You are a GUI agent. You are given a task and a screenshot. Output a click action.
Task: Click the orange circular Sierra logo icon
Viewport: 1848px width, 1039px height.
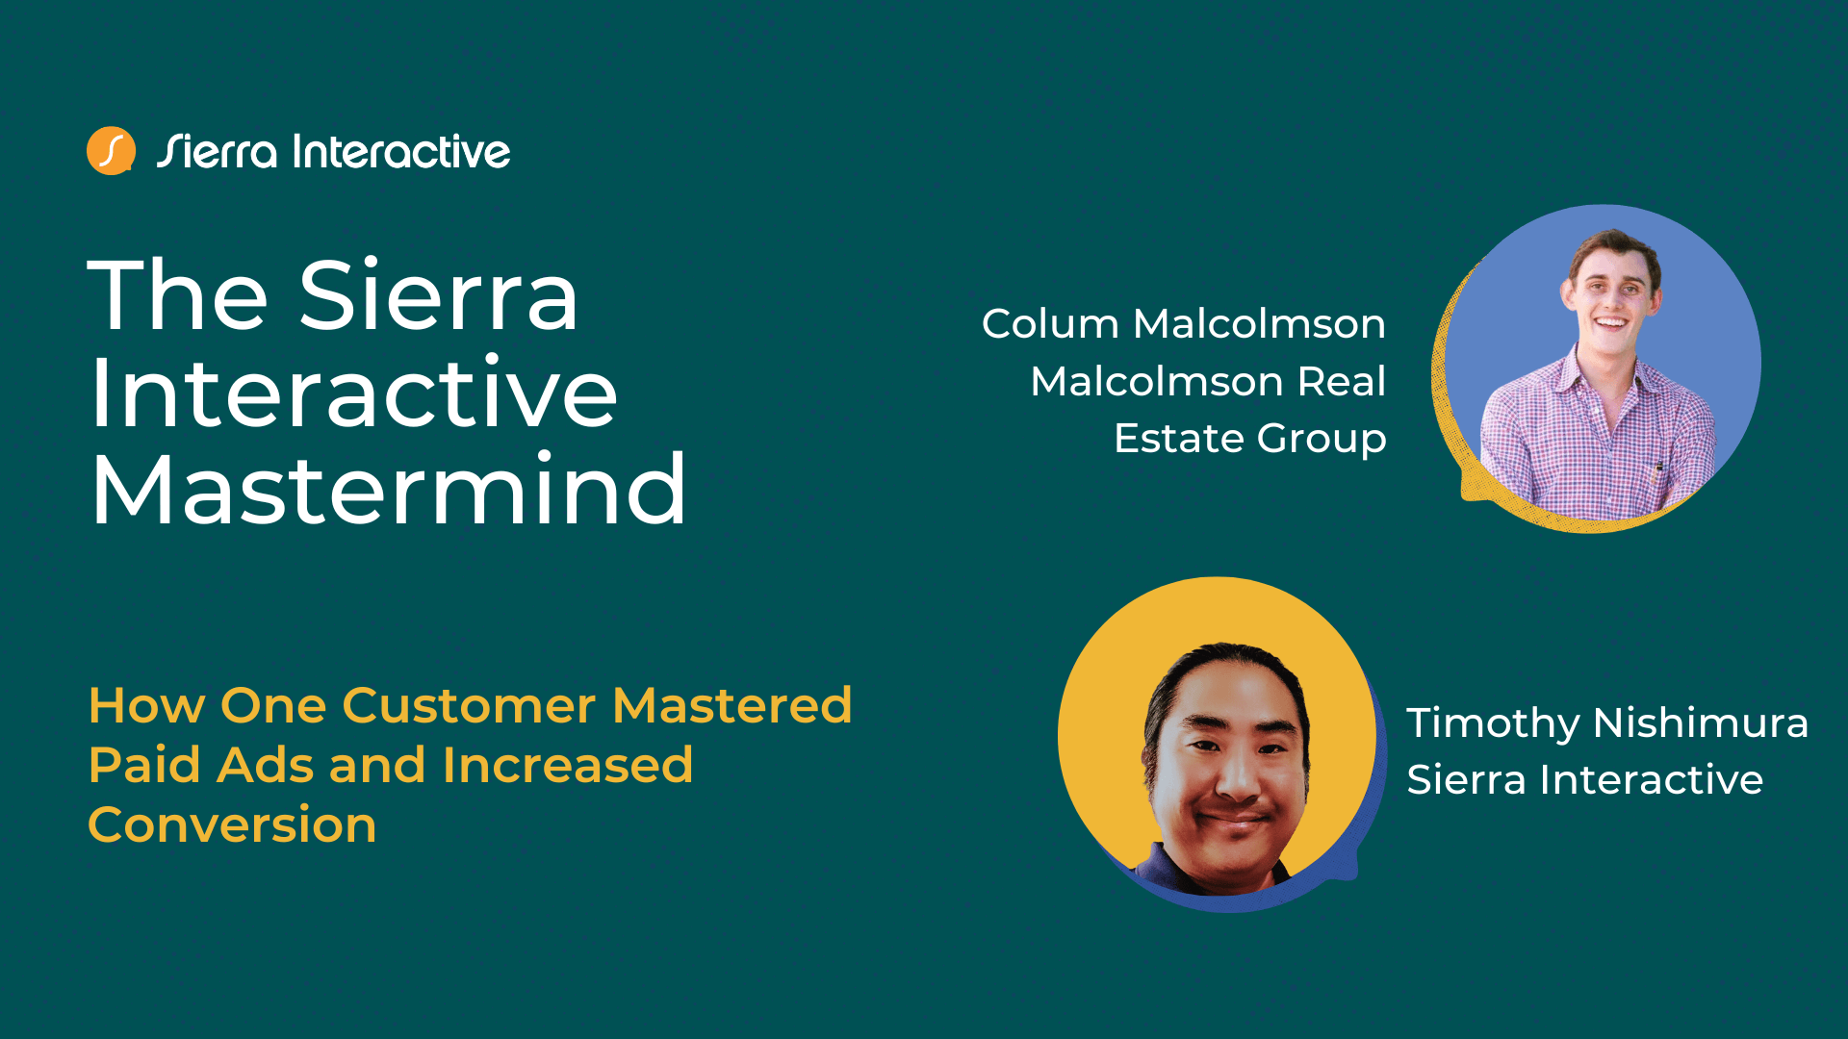[111, 151]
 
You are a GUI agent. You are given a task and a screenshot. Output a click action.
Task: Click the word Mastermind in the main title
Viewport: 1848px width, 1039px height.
[388, 490]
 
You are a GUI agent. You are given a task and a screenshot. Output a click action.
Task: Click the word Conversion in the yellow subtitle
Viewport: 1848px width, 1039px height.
[232, 825]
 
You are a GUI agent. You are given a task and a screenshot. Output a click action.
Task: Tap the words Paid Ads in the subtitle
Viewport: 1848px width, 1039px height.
[201, 766]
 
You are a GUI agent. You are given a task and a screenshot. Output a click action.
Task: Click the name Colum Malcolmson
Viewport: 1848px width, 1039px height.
[1183, 324]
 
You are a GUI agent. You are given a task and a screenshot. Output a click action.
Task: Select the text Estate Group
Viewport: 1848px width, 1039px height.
[1249, 439]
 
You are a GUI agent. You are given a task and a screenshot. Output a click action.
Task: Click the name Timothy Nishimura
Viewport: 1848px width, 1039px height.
[1606, 722]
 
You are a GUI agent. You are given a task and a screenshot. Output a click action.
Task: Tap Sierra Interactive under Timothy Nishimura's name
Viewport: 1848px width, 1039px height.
[1584, 779]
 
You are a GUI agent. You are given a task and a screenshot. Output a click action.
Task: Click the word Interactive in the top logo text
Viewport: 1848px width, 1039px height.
[400, 152]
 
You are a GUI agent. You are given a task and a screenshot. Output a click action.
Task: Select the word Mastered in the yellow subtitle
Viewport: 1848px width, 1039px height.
[731, 705]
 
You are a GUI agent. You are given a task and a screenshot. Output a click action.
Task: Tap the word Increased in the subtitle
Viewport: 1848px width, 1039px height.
[567, 766]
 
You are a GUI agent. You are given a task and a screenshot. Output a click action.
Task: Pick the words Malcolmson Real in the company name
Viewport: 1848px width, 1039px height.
[1207, 382]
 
